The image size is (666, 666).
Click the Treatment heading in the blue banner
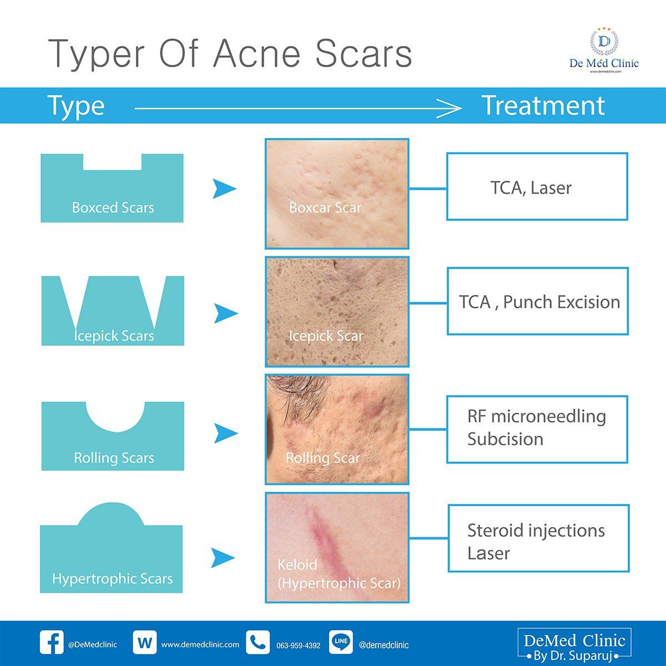542,105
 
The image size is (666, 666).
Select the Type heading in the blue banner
76,105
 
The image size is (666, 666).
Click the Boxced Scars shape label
113,208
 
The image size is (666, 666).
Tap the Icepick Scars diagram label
114,336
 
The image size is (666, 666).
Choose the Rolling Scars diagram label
114,458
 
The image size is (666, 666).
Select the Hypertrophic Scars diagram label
112,579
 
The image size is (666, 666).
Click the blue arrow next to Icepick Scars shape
225,314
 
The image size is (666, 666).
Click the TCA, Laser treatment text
531,188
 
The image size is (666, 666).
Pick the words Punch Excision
562,302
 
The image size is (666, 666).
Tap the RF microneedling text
536,416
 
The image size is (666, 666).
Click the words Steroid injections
536,531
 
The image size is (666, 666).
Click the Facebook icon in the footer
52,643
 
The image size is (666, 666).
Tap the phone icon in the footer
258,643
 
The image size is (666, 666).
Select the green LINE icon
341,642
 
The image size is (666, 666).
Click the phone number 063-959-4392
298,645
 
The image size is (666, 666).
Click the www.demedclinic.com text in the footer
200,645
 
